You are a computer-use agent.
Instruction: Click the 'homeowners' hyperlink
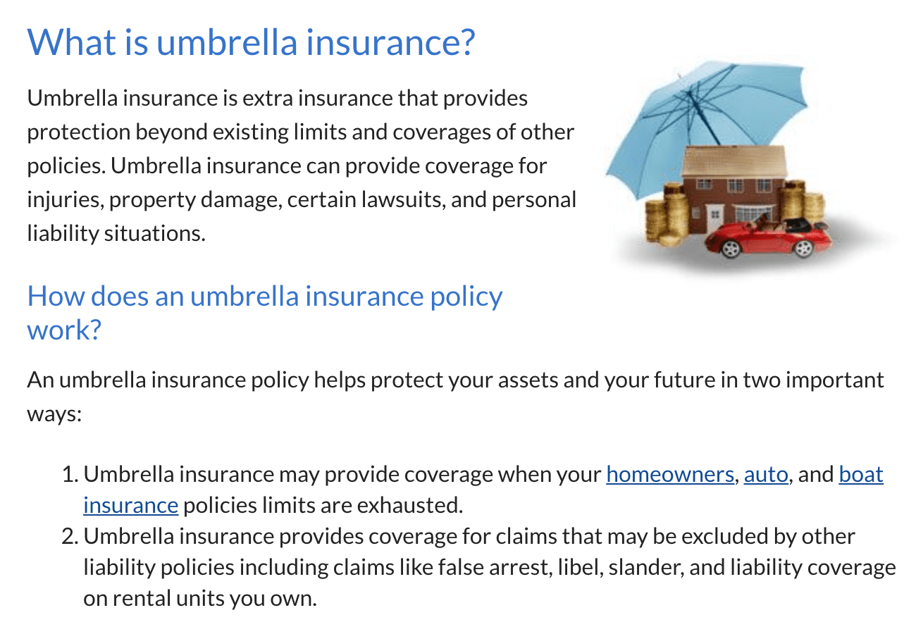(x=670, y=475)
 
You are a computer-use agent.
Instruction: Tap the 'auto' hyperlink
(x=766, y=475)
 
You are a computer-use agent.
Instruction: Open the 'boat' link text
(x=861, y=475)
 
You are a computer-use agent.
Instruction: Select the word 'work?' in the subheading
(x=64, y=330)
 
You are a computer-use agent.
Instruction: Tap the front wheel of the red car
(x=731, y=248)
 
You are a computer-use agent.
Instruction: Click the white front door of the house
(x=714, y=218)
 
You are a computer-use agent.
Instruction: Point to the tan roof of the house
(x=735, y=162)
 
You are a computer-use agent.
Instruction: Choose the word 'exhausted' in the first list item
(x=410, y=506)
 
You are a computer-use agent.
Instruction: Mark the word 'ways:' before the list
(x=54, y=414)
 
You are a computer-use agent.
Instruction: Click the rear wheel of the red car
(x=803, y=248)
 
